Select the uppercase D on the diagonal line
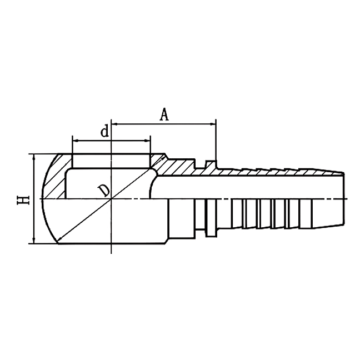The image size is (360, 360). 104,190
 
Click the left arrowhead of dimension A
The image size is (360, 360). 115,123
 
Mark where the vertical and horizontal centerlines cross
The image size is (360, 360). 112,199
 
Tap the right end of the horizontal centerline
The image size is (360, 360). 348,199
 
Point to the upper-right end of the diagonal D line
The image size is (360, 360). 164,156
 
